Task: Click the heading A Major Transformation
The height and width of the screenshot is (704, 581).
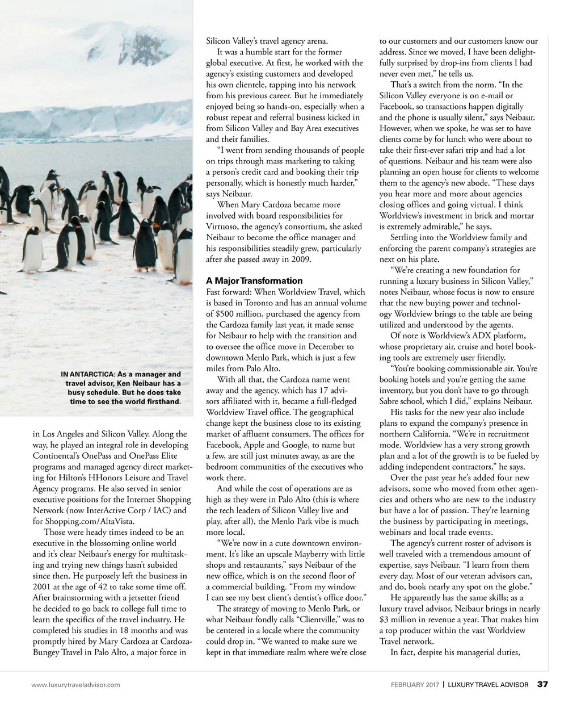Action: click(254, 281)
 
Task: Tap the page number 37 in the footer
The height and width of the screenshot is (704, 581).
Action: click(543, 684)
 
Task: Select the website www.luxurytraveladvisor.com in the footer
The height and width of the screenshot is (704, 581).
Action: click(75, 685)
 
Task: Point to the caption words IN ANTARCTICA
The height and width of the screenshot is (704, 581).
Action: click(88, 374)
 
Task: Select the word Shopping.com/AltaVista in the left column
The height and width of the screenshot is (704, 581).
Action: click(91, 521)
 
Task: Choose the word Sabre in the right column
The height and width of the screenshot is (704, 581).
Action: click(391, 401)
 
